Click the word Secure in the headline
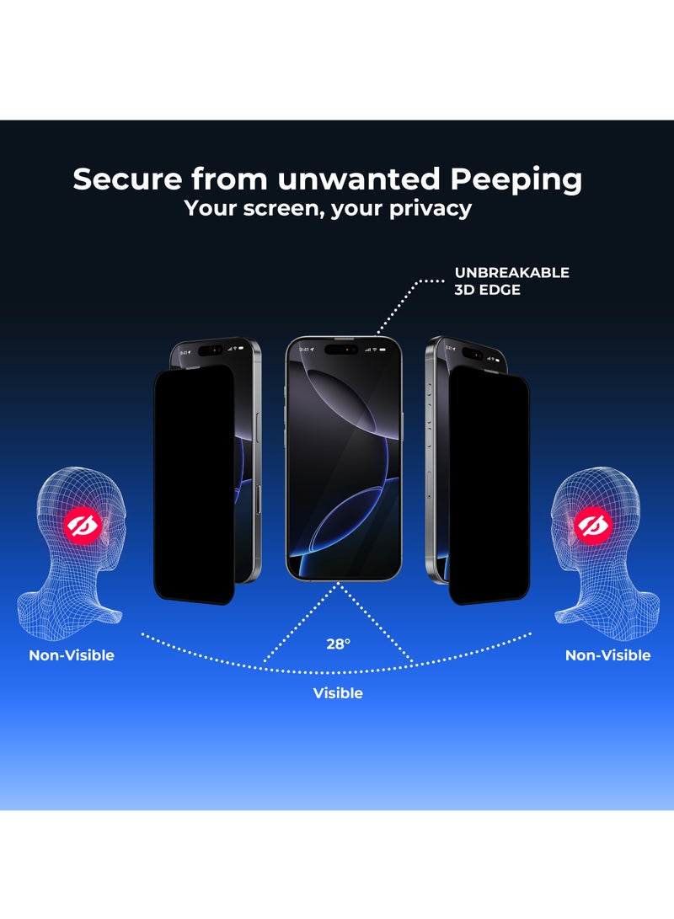click(x=126, y=179)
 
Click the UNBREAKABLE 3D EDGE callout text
click(x=511, y=281)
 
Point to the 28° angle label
click(x=338, y=644)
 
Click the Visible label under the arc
click(x=338, y=693)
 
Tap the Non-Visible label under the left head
click(x=72, y=655)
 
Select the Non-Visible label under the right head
click(x=607, y=655)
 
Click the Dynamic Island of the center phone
click(x=341, y=347)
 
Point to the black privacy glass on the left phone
click(x=193, y=484)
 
